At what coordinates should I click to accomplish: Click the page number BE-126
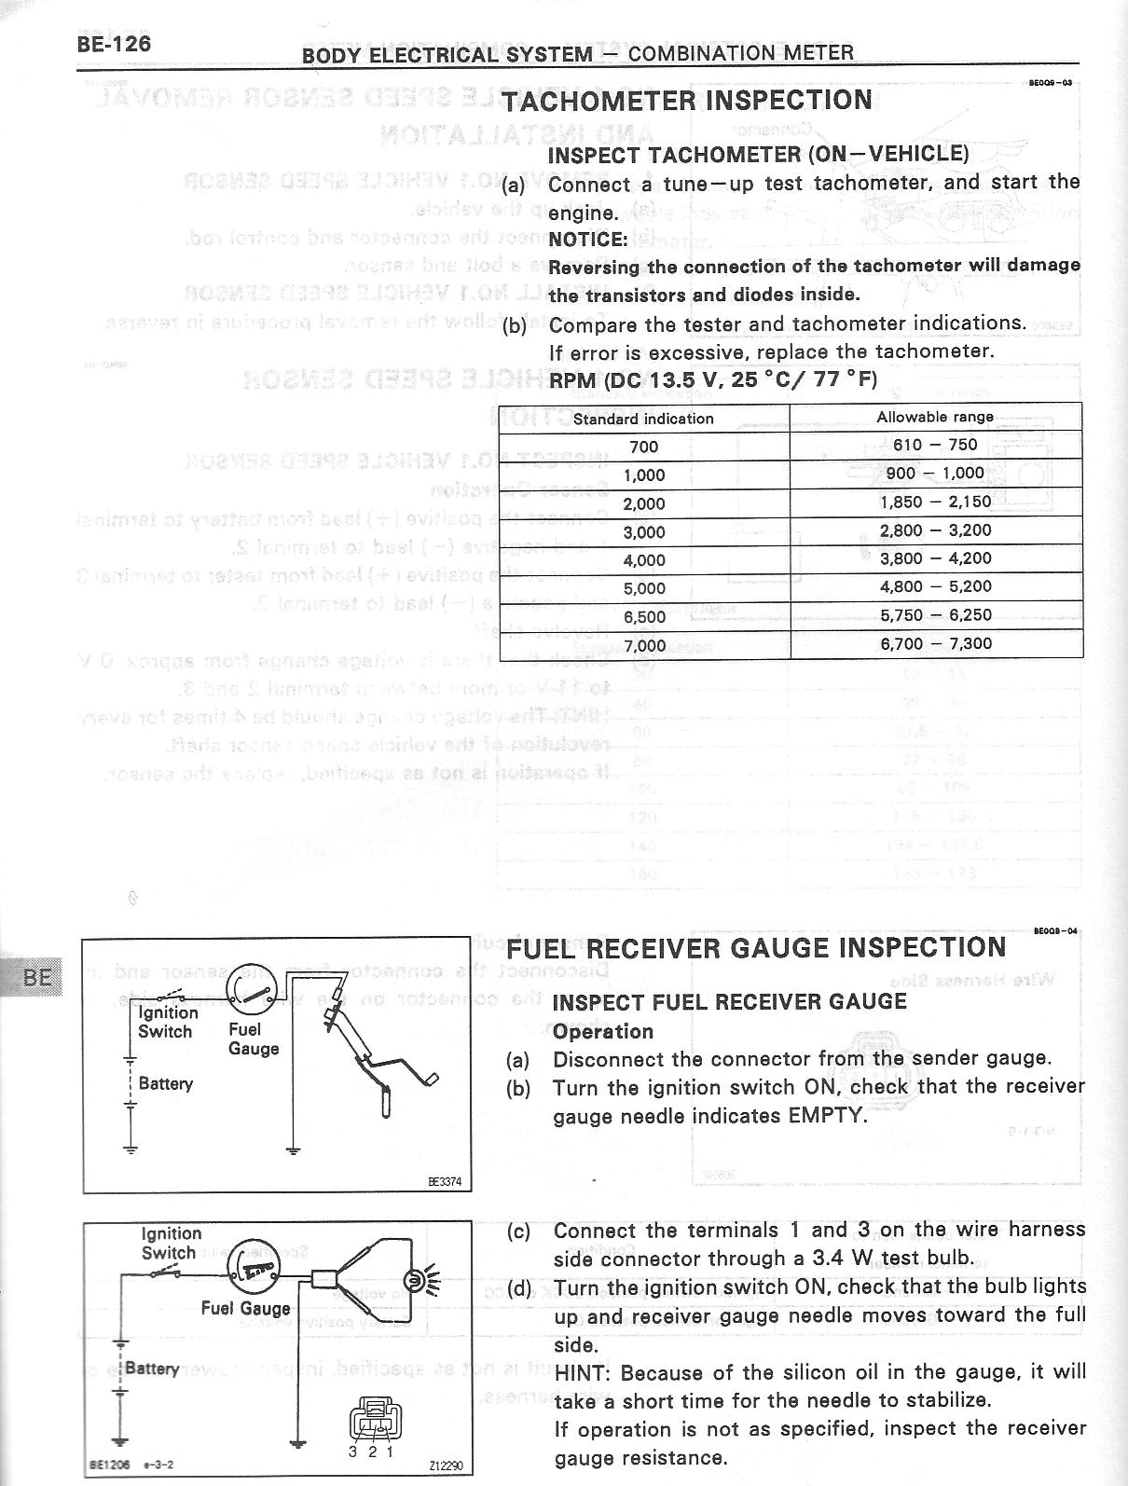pyautogui.click(x=114, y=44)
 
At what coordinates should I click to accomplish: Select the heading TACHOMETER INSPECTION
pyautogui.click(x=687, y=100)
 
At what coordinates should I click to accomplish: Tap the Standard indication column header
pyautogui.click(x=643, y=419)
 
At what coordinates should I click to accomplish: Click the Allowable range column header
pyautogui.click(x=935, y=417)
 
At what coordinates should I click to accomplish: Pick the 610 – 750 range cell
pyautogui.click(x=935, y=445)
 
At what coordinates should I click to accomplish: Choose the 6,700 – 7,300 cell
pyautogui.click(x=936, y=643)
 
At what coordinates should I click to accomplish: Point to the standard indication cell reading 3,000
pyautogui.click(x=644, y=532)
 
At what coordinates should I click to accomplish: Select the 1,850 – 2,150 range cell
pyautogui.click(x=936, y=502)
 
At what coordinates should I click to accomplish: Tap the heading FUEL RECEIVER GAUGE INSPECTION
pyautogui.click(x=756, y=947)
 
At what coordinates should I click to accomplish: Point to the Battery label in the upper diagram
pyautogui.click(x=166, y=1083)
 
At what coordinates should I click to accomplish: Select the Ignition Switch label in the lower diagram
pyautogui.click(x=171, y=1243)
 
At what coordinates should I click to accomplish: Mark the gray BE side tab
pyautogui.click(x=35, y=978)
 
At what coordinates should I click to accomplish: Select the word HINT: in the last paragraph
pyautogui.click(x=584, y=1373)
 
